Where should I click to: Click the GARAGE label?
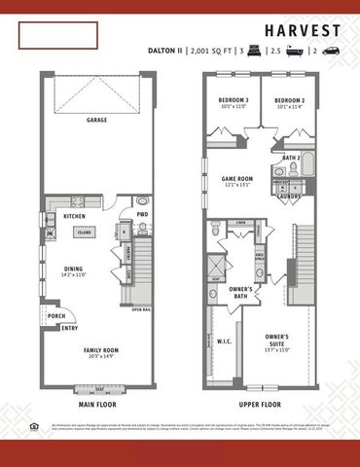coord(96,122)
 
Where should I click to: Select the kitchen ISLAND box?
coord(86,233)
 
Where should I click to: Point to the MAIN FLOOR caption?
coord(97,402)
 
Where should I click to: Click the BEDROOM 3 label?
coord(234,101)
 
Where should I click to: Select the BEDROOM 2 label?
coord(289,101)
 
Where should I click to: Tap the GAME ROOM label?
coord(237,179)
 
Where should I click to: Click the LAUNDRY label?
coord(289,194)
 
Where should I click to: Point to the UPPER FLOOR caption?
coord(260,402)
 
